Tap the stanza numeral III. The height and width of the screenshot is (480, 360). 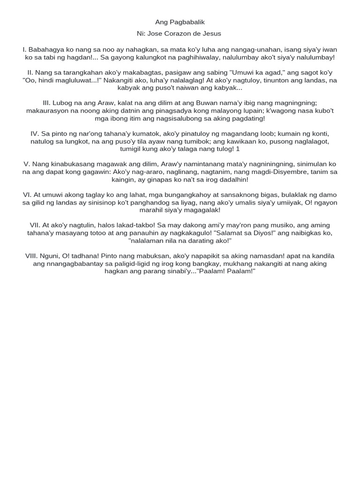pos(46,103)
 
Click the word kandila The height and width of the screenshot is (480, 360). pos(322,255)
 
